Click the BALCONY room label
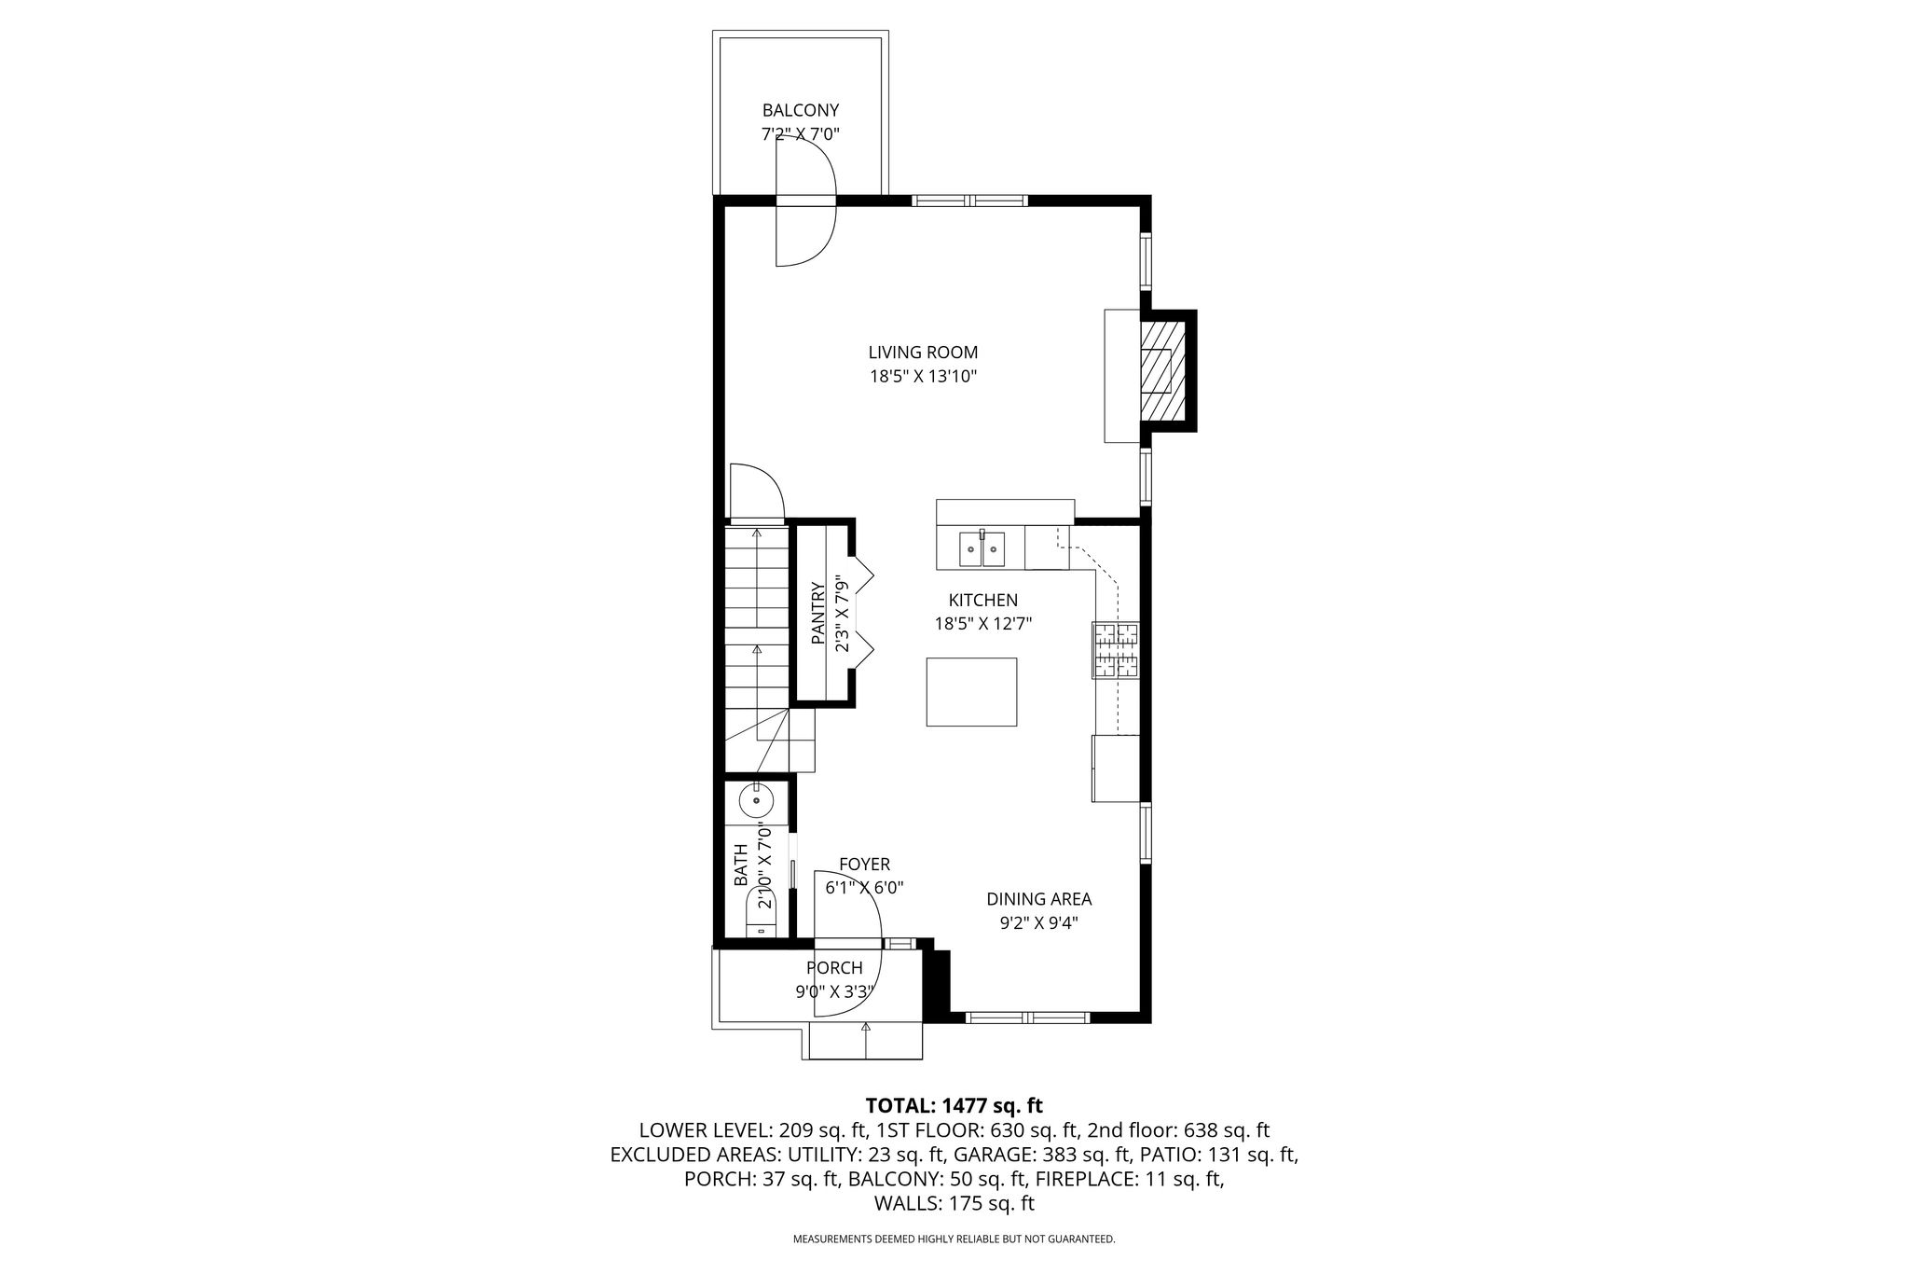pyautogui.click(x=801, y=110)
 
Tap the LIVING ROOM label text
pyautogui.click(x=923, y=353)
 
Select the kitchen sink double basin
pyautogui.click(x=982, y=549)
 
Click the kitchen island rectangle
pyautogui.click(x=971, y=691)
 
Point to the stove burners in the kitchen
pyautogui.click(x=1116, y=649)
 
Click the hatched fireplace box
pyautogui.click(x=1164, y=371)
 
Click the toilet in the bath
pyautogui.click(x=760, y=914)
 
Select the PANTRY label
pyautogui.click(x=818, y=614)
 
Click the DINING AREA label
pyautogui.click(x=1039, y=899)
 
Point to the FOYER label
pyautogui.click(x=864, y=865)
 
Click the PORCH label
pyautogui.click(x=834, y=968)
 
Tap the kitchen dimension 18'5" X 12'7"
pyautogui.click(x=983, y=624)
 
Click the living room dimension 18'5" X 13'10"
pyautogui.click(x=923, y=377)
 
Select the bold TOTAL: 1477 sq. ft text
pyautogui.click(x=954, y=1106)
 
